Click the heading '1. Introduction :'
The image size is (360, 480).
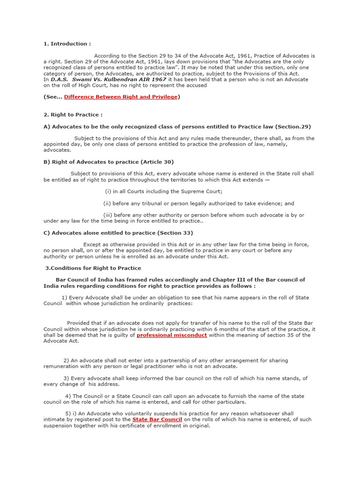pyautogui.click(x=67, y=44)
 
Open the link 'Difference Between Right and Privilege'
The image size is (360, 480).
pyautogui.click(x=120, y=97)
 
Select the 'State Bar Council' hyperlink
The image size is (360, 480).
pyautogui.click(x=157, y=419)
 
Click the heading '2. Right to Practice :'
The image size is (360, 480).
pyautogui.click(x=73, y=114)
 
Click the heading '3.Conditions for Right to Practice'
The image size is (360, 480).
pyautogui.click(x=93, y=268)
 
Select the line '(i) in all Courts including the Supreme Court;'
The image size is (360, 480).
pyautogui.click(x=164, y=191)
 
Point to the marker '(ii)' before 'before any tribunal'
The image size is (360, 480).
pyautogui.click(x=107, y=203)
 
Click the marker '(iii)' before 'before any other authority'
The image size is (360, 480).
pyautogui.click(x=108, y=215)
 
